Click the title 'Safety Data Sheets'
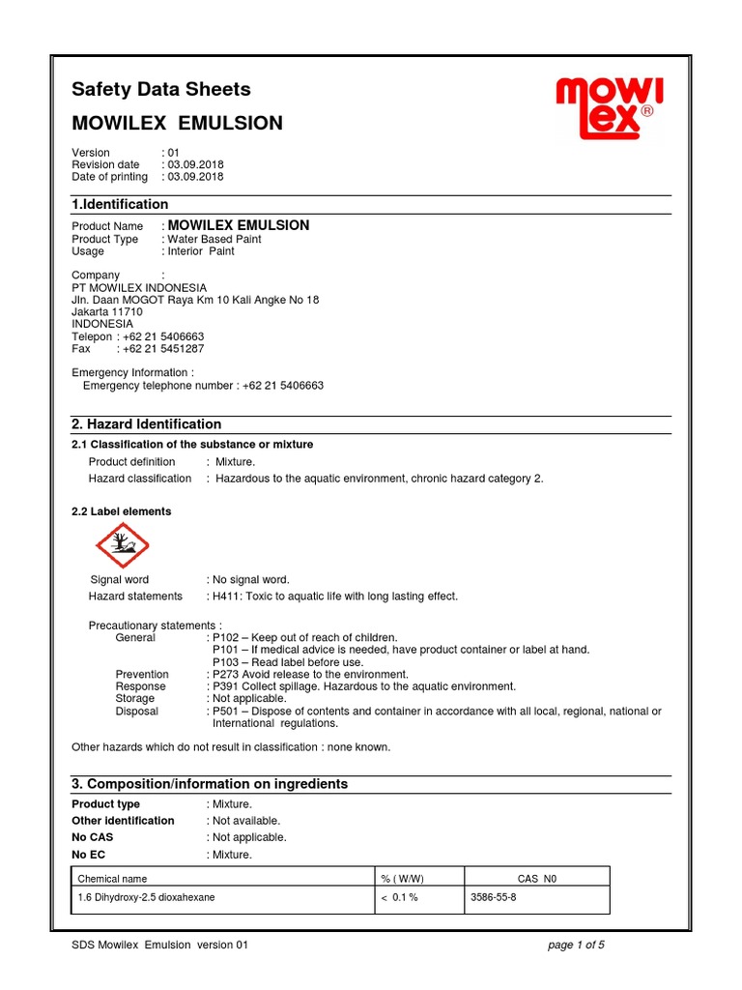(x=161, y=90)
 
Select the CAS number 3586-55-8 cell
(x=493, y=898)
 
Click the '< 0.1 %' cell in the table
(x=401, y=898)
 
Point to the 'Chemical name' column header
(x=112, y=879)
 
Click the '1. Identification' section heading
(x=120, y=205)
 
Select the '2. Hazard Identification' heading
(x=147, y=424)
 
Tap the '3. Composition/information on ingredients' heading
(x=210, y=784)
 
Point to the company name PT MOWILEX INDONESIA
(x=139, y=288)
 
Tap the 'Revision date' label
(x=105, y=165)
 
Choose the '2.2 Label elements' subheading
(x=122, y=511)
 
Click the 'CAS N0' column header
(x=537, y=879)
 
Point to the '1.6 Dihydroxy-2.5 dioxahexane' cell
(x=146, y=898)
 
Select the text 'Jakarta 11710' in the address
(x=107, y=312)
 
